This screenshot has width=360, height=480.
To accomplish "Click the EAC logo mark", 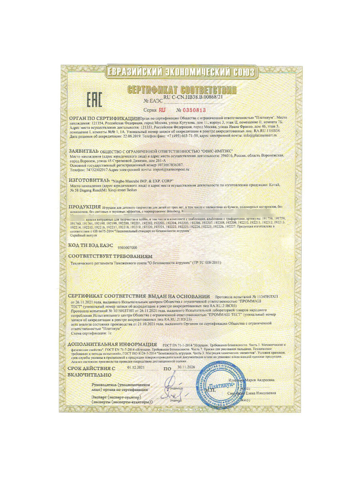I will [x=95, y=99].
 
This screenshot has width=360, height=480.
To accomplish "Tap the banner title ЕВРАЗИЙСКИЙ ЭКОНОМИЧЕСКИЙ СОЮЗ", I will [x=180, y=72].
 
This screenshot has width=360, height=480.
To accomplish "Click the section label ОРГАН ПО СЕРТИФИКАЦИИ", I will [x=104, y=119].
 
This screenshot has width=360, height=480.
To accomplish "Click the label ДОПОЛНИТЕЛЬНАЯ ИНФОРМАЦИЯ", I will [x=112, y=344].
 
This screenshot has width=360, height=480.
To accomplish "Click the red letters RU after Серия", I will [x=162, y=110].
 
